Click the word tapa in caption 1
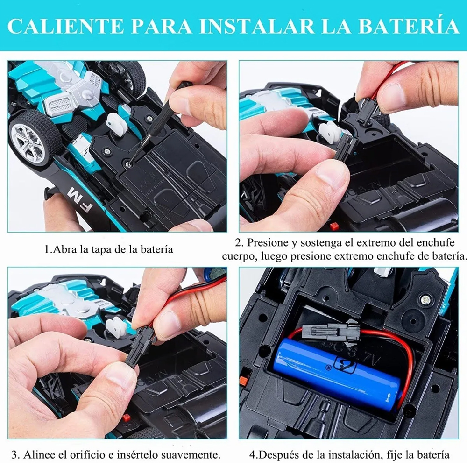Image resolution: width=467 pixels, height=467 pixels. pos(97,249)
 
